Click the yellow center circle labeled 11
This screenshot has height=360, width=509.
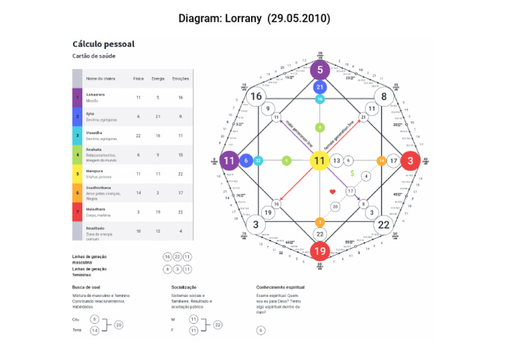pos(319,160)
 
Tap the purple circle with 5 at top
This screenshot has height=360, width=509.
pos(319,70)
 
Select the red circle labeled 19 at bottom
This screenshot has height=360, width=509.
pos(319,251)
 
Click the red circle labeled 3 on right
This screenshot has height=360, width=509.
pos(410,160)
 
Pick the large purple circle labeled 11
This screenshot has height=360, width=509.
pos(229,160)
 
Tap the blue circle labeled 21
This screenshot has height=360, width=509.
pos(319,87)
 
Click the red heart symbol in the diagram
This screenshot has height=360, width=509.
pos(333,192)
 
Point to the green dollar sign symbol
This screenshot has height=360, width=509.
pos(353,174)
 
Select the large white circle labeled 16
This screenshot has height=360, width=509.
pos(256,97)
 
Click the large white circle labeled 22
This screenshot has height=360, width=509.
pos(384,224)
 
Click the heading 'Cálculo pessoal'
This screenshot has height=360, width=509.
pos(103,44)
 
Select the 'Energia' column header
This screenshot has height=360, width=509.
pos(158,78)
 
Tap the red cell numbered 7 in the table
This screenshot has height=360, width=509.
pos(77,211)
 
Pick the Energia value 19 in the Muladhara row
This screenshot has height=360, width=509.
pos(158,211)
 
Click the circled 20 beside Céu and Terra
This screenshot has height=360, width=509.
pos(119,325)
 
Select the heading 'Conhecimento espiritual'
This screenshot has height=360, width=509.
pos(280,287)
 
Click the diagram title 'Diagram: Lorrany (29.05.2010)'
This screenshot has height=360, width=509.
pos(254,18)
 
